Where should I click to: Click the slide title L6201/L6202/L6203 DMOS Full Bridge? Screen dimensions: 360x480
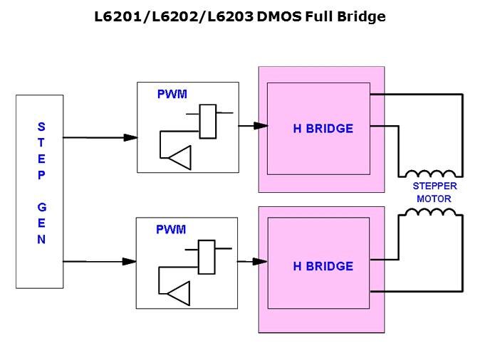pos(240,16)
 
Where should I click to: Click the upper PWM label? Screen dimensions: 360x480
pos(171,94)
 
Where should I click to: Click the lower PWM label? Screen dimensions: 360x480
pos(171,230)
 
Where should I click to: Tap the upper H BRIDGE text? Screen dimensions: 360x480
pos(323,129)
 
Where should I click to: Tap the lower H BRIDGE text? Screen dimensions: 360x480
pos(323,266)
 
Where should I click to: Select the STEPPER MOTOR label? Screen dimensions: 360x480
pos(434,193)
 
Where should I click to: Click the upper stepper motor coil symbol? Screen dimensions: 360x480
pos(430,173)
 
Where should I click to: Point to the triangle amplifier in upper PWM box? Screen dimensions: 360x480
pos(181,157)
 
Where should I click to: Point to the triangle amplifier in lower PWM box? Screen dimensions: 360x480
pos(180,293)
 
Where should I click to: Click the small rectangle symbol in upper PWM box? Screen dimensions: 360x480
pos(208,121)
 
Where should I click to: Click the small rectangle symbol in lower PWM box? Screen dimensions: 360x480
pos(207,258)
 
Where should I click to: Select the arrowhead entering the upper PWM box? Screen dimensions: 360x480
pos(130,137)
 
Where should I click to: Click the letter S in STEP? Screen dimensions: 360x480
pos(41,127)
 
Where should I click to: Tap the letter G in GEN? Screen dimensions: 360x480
pos(41,207)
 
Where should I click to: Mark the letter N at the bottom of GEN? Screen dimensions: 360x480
pos(41,240)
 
